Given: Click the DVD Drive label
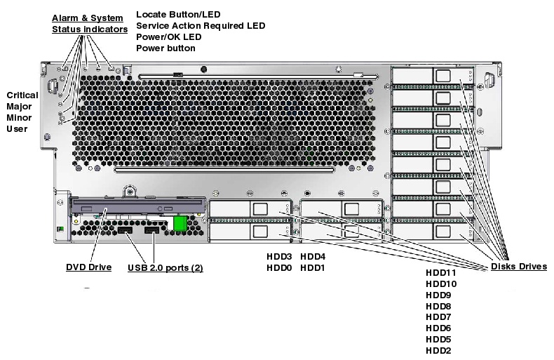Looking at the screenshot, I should point(88,267).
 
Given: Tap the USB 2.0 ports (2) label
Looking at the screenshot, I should point(165,267).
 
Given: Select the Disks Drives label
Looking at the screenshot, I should point(519,267).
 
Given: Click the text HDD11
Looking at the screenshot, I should point(441,272).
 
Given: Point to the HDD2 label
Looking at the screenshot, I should point(438,351).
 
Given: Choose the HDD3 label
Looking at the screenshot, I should point(278,256).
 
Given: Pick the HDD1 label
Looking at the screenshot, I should point(312,268).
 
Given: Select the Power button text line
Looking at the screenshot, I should point(165,48).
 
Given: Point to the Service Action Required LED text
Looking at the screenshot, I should point(201,25).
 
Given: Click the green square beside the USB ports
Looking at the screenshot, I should point(180,222).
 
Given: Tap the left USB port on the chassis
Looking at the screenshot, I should point(125,231).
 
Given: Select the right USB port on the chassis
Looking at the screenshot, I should point(152,231).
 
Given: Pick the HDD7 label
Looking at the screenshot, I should point(438,317).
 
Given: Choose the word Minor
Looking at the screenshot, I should point(18,119).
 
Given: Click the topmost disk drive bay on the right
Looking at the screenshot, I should point(432,76).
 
